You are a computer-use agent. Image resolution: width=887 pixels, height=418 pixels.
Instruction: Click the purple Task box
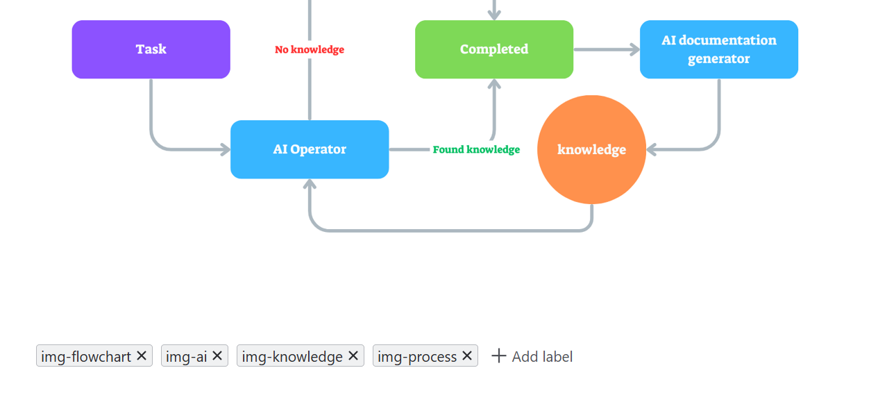[x=151, y=49]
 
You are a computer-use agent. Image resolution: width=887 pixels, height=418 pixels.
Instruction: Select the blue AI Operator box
[x=310, y=149]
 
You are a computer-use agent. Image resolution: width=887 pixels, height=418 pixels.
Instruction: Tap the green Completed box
[x=494, y=49]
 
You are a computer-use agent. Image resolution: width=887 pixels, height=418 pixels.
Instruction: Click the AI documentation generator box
[x=718, y=49]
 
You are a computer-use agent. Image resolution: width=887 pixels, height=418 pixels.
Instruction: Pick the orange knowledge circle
[x=591, y=149]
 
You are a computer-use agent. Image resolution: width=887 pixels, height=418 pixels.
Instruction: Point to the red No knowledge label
[x=310, y=50]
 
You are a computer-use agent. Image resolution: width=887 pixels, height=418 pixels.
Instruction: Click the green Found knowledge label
[x=476, y=150]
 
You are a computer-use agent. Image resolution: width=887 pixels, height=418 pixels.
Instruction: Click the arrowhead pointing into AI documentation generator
[x=634, y=49]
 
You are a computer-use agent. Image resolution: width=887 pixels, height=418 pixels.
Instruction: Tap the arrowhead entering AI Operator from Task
[x=225, y=149]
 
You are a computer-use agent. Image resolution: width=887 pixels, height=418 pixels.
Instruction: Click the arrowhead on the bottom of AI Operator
[x=310, y=184]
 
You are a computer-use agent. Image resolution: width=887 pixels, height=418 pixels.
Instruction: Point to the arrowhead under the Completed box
[x=494, y=84]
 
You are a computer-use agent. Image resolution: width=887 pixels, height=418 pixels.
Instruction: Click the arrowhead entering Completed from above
[x=494, y=15]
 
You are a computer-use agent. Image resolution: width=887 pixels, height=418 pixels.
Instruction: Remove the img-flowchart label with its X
[x=142, y=356]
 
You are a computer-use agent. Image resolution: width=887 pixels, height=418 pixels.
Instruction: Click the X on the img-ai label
[x=217, y=356]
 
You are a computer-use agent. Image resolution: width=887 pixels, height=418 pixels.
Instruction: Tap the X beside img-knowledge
[x=353, y=356]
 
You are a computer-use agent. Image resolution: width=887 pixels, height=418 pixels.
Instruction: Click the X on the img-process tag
[x=467, y=356]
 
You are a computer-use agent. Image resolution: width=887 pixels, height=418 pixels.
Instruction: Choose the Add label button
[x=532, y=356]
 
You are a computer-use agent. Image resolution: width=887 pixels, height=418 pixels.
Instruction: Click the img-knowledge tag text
[x=292, y=356]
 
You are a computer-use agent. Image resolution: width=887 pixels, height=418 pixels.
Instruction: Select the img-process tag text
[x=417, y=356]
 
